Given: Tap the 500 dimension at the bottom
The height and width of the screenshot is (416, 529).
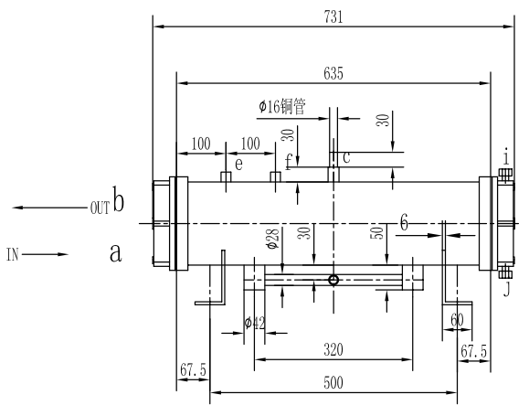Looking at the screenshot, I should point(333,383).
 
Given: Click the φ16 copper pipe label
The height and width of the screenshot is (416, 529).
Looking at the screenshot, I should point(294,107).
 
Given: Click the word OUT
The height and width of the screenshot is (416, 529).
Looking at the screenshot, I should point(100,208).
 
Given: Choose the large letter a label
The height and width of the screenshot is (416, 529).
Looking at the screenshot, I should point(116,252).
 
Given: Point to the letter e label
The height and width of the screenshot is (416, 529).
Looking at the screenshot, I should point(238,165).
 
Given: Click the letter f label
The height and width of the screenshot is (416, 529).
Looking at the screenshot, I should point(290,164).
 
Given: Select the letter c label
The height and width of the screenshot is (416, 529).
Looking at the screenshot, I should point(345,156).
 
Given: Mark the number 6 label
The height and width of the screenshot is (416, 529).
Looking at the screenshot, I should point(404,221).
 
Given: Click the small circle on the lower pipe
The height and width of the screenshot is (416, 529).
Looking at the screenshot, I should point(333,280).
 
